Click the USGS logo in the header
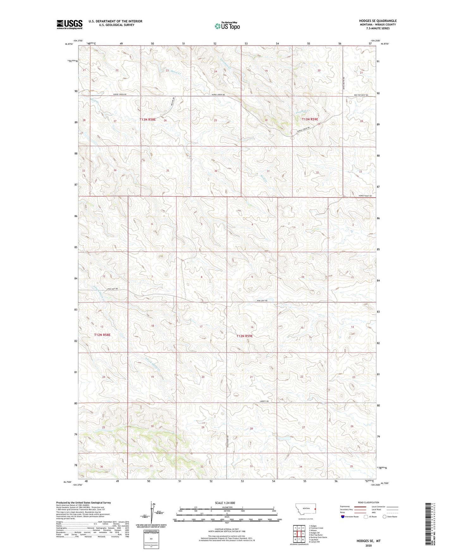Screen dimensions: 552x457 pyautogui.click(x=70, y=24)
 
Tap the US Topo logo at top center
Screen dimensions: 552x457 pyautogui.click(x=227, y=26)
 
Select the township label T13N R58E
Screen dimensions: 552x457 pyautogui.click(x=148, y=120)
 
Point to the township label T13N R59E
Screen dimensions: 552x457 pyautogui.click(x=310, y=119)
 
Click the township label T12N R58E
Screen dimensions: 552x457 pyautogui.click(x=102, y=334)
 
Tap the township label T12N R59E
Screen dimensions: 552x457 pyautogui.click(x=244, y=336)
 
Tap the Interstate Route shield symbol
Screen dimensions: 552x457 pyautogui.click(x=343, y=517)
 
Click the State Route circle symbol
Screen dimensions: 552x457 pyautogui.click(x=385, y=517)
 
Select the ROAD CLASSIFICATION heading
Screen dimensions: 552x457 pyautogui.click(x=368, y=502)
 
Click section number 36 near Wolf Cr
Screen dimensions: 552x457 pyautogui.click(x=216, y=171)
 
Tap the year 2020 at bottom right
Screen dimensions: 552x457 pyautogui.click(x=368, y=546)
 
